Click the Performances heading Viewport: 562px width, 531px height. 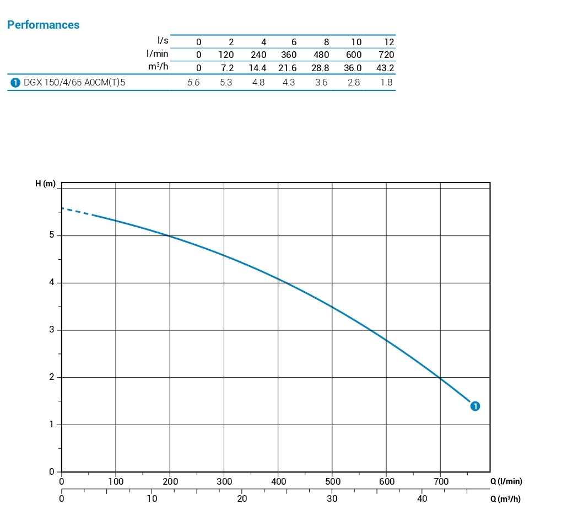43,25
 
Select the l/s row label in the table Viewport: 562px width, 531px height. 163,40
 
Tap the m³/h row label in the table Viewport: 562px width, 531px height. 158,67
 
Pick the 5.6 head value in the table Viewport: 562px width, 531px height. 193,83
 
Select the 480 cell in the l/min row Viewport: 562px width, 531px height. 321,55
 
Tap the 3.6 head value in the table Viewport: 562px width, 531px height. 321,83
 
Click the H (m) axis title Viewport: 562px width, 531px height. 45,184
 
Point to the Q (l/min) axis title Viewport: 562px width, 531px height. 506,481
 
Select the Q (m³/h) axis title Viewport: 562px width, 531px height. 505,500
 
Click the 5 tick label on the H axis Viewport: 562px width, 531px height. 52,235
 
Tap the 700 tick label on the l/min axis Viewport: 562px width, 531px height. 441,481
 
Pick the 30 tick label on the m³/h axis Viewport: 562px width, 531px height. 332,498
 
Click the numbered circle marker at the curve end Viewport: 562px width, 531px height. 475,406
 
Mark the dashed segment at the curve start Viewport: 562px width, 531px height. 76,211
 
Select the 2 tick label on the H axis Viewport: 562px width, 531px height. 52,377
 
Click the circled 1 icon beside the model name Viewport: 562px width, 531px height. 15,83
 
